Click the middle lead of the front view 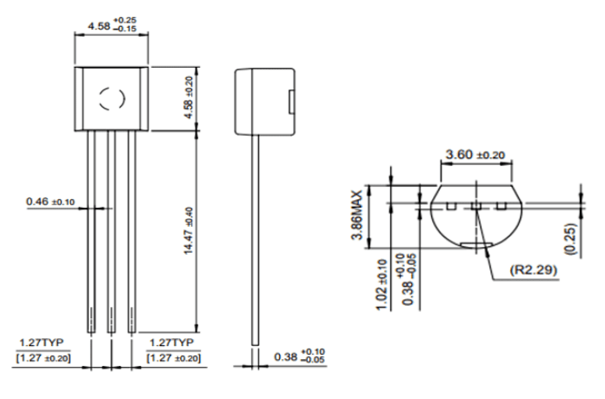[110, 230]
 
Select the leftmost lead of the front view [90, 230]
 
